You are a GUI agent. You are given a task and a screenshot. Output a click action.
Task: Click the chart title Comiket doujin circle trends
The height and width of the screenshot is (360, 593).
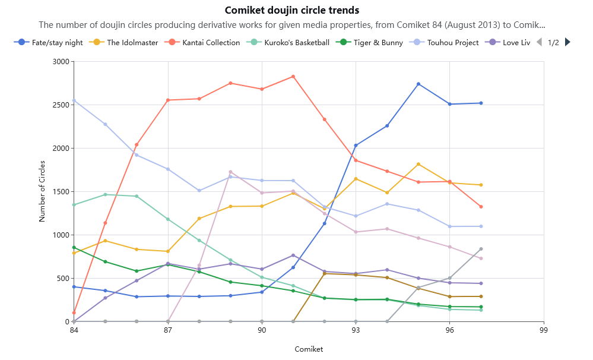(x=292, y=10)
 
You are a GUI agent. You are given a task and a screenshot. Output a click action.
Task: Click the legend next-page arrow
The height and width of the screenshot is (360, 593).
(x=568, y=42)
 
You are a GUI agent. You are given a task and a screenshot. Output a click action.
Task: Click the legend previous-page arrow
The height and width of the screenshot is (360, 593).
(x=539, y=42)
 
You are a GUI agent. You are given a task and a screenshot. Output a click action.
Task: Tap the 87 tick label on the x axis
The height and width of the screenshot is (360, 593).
(x=168, y=330)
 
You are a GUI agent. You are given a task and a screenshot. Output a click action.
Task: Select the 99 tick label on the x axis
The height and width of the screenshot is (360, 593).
(x=544, y=330)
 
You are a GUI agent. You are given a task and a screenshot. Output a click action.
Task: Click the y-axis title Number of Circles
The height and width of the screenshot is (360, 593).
(x=42, y=192)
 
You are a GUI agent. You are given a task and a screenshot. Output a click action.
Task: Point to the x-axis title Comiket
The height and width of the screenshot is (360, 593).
(x=309, y=349)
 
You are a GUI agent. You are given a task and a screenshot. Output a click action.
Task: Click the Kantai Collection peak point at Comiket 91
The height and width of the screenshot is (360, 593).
(x=293, y=77)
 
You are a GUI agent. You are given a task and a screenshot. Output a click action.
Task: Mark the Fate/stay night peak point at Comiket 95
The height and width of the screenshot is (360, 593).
(x=418, y=84)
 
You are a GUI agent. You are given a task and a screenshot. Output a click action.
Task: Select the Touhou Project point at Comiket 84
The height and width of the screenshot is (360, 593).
(x=74, y=100)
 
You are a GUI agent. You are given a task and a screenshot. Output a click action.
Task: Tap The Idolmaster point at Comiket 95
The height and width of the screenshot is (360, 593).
(x=418, y=165)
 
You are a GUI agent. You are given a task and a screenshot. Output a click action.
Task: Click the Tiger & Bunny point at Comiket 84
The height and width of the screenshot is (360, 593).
(x=74, y=248)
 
